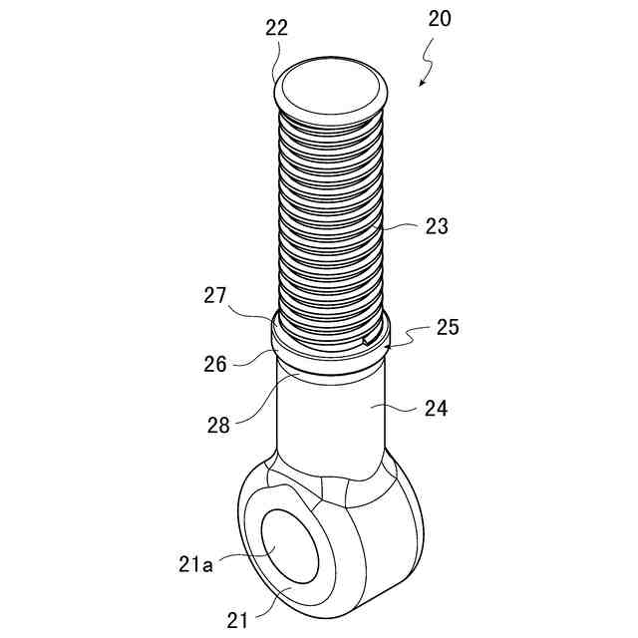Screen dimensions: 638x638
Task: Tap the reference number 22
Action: click(276, 28)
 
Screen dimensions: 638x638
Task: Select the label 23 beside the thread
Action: click(436, 226)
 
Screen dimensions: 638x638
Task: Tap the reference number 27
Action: click(216, 296)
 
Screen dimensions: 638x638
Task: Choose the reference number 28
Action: click(218, 425)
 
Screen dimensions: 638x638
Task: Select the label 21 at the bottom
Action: click(237, 620)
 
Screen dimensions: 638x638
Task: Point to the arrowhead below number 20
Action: click(423, 84)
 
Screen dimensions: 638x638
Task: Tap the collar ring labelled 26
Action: click(329, 360)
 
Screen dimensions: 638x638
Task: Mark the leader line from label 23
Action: click(399, 228)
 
